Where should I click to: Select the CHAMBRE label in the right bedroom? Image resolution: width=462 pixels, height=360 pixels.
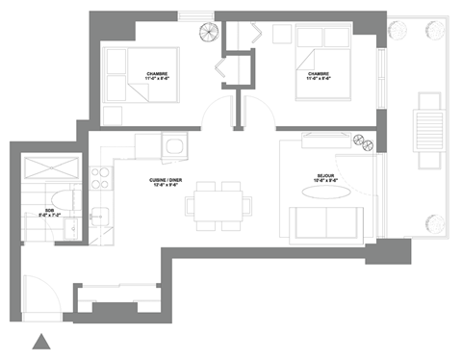[x=319, y=76]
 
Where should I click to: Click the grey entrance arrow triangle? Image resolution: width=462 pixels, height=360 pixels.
[x=40, y=340]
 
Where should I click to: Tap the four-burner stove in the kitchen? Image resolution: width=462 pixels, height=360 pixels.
[x=97, y=177]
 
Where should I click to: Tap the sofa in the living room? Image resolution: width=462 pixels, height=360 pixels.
[x=327, y=223]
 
